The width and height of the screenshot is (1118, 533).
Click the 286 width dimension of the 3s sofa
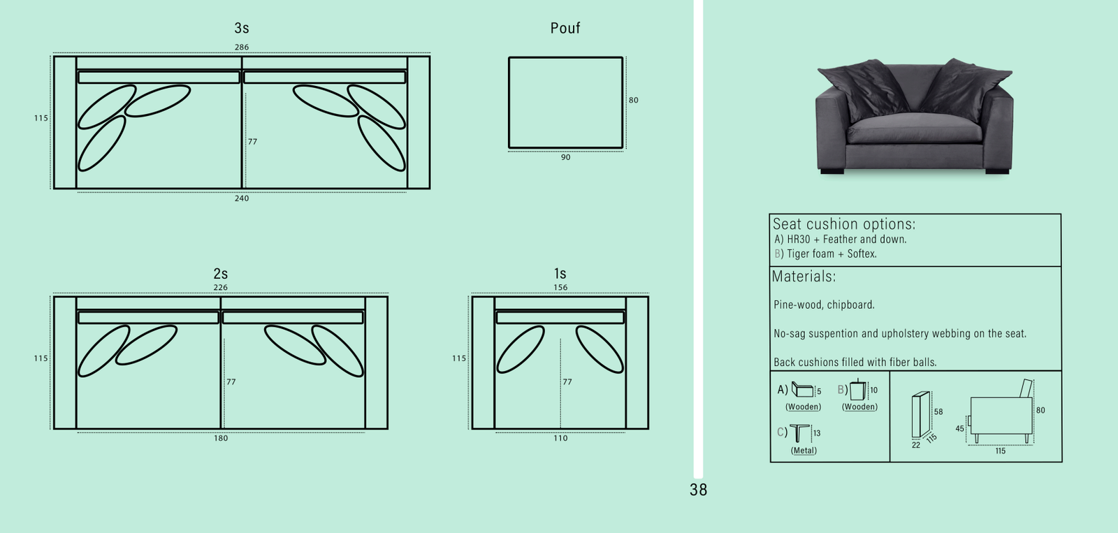pyautogui.click(x=241, y=48)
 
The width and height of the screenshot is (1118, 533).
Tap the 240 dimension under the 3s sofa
pyautogui.click(x=241, y=198)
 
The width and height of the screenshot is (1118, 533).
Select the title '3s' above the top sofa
pyautogui.click(x=241, y=29)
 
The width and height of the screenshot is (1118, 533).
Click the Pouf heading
pyautogui.click(x=565, y=29)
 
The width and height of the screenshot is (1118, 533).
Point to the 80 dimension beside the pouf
pyautogui.click(x=633, y=100)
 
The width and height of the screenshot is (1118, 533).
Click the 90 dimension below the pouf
pyautogui.click(x=565, y=158)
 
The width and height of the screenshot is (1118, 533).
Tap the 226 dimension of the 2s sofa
pyautogui.click(x=220, y=287)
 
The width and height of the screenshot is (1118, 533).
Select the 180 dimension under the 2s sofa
pyautogui.click(x=220, y=439)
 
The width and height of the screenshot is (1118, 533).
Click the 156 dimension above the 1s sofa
pyautogui.click(x=560, y=287)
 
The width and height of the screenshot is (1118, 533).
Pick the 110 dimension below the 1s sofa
pyautogui.click(x=560, y=439)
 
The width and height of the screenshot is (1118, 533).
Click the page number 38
pyautogui.click(x=698, y=490)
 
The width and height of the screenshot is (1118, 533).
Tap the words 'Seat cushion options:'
pyautogui.click(x=843, y=224)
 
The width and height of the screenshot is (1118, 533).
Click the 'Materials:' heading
pyautogui.click(x=804, y=277)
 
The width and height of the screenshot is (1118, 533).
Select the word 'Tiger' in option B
pyautogui.click(x=799, y=254)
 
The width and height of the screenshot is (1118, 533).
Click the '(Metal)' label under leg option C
pyautogui.click(x=804, y=451)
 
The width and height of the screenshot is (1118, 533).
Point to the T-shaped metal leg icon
pyautogui.click(x=800, y=432)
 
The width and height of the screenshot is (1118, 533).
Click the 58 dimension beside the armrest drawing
pyautogui.click(x=938, y=412)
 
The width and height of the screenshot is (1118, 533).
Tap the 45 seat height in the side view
pyautogui.click(x=959, y=429)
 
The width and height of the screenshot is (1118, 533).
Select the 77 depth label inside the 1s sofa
pyautogui.click(x=567, y=382)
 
